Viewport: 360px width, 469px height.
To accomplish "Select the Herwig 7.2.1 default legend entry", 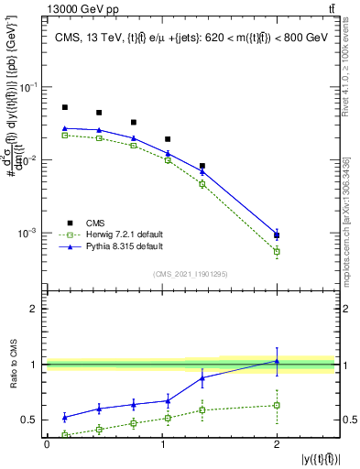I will tap(112, 234).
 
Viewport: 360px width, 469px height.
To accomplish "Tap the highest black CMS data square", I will tap(65, 107).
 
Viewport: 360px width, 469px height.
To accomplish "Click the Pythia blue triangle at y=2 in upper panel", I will tap(277, 234).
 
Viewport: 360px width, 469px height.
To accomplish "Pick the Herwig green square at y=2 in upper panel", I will tap(277, 251).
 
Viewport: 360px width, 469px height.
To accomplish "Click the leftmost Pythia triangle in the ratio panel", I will tap(65, 417).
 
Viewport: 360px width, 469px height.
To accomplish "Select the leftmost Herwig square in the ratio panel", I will tap(65, 434).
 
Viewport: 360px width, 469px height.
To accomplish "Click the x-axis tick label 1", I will tap(161, 445).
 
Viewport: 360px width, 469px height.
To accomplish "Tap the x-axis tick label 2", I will tap(277, 445).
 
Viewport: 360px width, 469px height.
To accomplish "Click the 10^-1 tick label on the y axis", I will tap(29, 87).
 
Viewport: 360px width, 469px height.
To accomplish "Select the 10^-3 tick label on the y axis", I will tap(29, 234).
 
